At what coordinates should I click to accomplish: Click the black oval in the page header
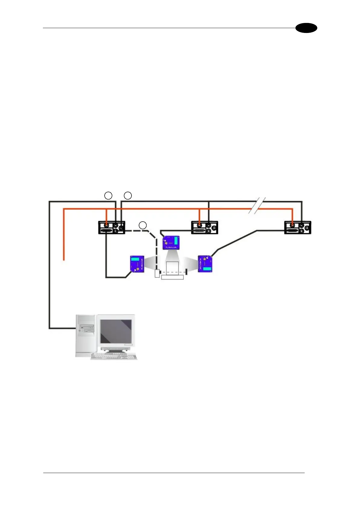click(x=306, y=28)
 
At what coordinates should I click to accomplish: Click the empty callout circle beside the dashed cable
click(x=143, y=225)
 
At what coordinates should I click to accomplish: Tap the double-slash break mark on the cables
click(x=257, y=206)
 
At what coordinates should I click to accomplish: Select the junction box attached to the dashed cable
click(x=112, y=228)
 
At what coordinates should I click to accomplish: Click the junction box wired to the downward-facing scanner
click(x=205, y=228)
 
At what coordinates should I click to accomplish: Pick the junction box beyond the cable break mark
click(x=298, y=228)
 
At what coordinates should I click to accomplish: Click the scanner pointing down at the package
click(x=171, y=243)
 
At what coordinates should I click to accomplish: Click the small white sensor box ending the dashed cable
click(x=157, y=274)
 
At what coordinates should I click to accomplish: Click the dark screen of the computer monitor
click(x=116, y=331)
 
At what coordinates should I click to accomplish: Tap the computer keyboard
click(x=114, y=356)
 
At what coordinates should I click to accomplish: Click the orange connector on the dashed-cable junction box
click(x=106, y=225)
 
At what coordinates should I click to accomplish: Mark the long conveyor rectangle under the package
click(x=173, y=277)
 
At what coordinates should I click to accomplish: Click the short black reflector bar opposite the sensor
click(x=186, y=272)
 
